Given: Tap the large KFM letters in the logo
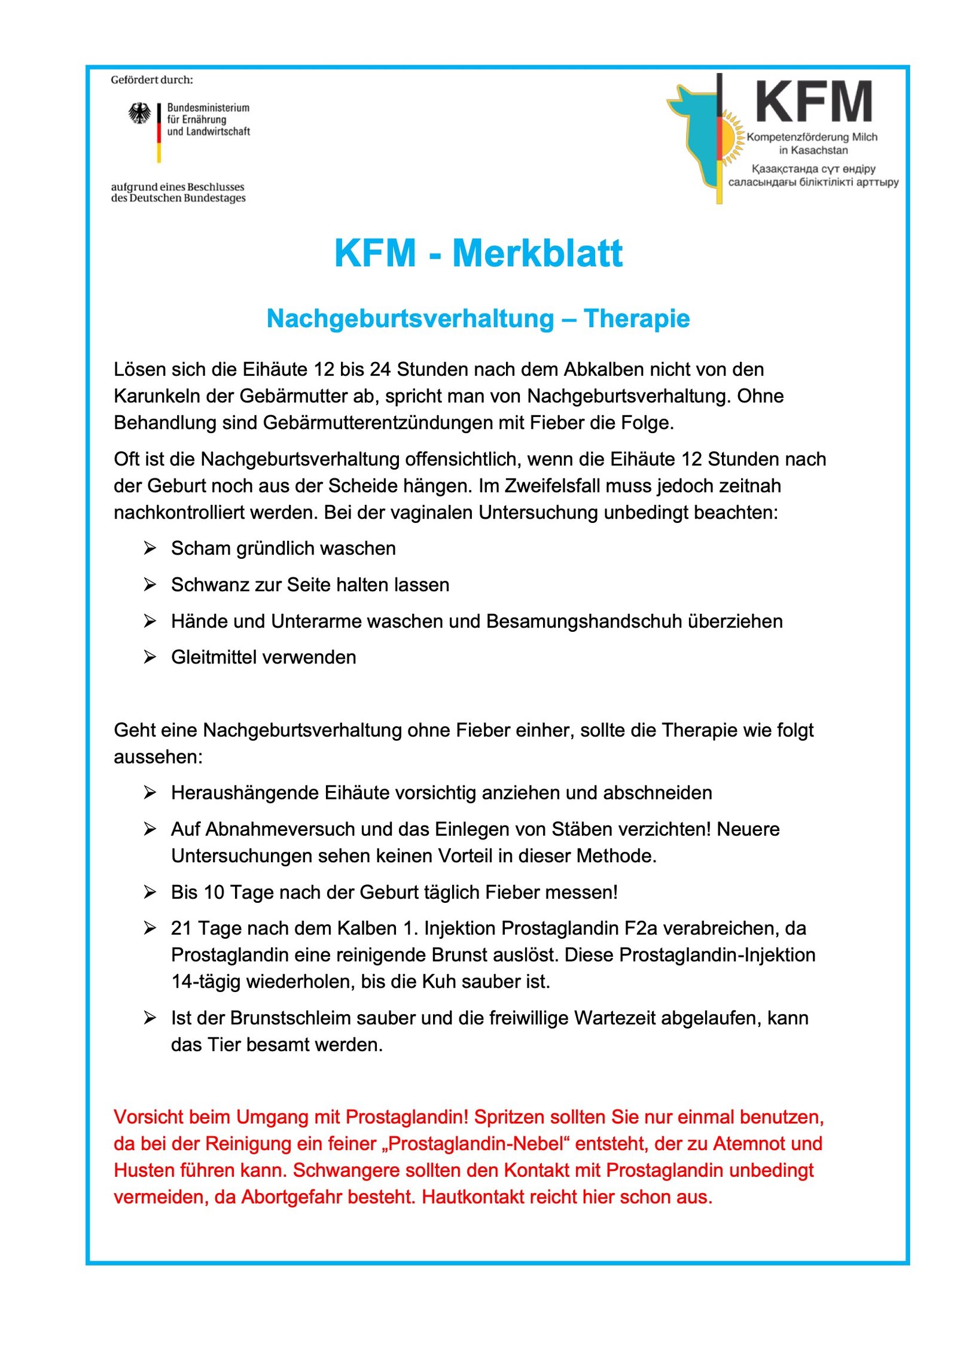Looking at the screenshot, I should (813, 102).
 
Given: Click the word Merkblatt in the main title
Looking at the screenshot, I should (537, 253).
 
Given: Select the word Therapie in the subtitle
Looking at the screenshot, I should (636, 318).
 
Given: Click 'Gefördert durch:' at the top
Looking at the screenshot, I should (152, 80).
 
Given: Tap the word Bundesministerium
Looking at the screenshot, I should (208, 108).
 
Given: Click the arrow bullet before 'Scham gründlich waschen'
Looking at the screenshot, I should (150, 548).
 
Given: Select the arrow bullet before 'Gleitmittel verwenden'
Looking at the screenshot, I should (150, 657).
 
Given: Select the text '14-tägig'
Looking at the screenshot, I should (206, 981).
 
